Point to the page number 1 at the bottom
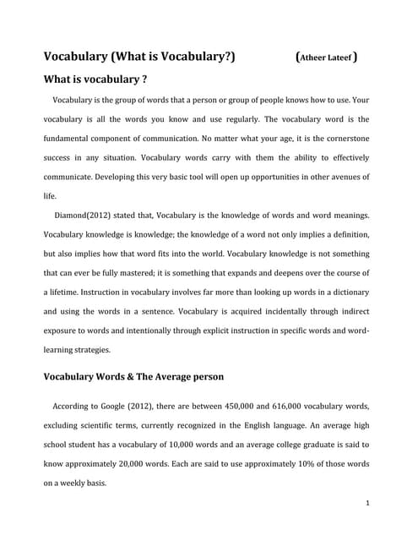click(369, 503)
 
